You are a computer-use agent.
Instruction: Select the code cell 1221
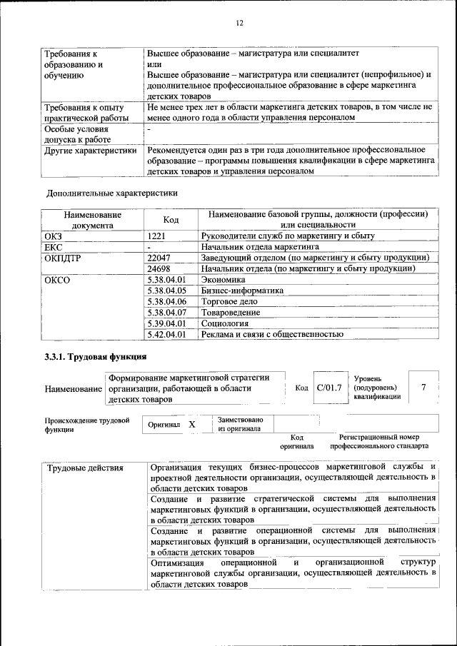tap(158, 235)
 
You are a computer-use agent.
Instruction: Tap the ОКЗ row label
tap(54, 235)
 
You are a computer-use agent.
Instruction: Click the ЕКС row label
tap(54, 246)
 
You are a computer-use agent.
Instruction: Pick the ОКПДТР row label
tap(61, 258)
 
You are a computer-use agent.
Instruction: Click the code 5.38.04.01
tap(166, 280)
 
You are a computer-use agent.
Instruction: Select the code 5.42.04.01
tap(166, 333)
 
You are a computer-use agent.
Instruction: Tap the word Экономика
tap(223, 280)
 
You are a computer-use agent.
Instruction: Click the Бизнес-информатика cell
tap(243, 291)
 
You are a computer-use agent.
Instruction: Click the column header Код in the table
tap(171, 220)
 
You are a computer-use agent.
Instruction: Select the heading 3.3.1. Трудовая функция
tap(95, 357)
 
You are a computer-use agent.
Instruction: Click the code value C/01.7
tap(329, 388)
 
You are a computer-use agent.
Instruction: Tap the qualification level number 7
tap(423, 388)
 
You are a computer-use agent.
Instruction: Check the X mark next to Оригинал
tap(191, 424)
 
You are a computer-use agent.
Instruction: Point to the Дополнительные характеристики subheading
tap(111, 193)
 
